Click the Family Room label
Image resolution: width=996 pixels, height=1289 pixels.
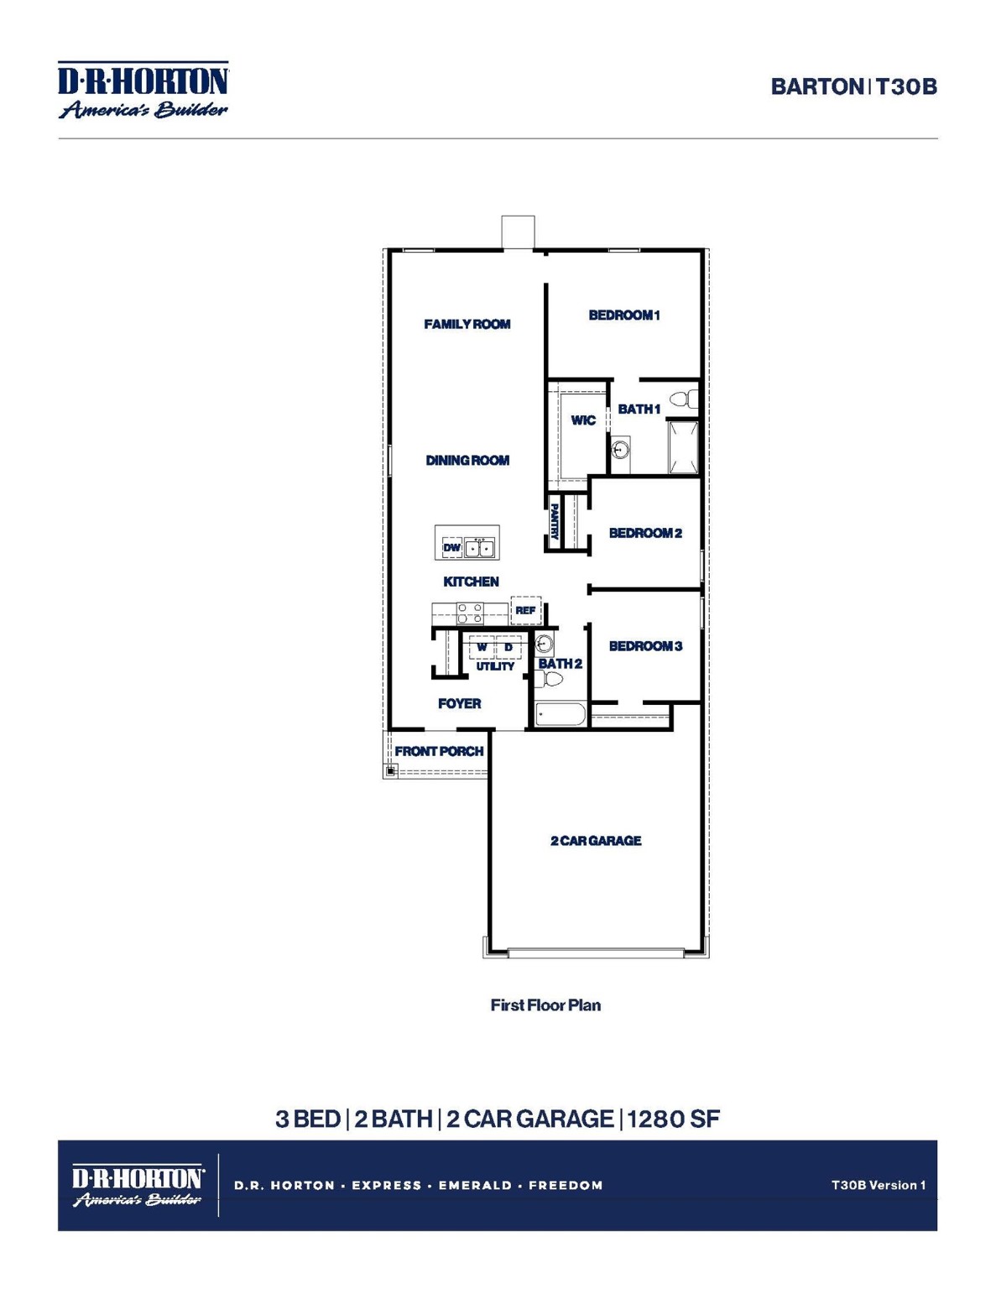[467, 324]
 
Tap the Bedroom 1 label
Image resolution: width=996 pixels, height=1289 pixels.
[623, 315]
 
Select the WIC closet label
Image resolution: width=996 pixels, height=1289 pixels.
[582, 420]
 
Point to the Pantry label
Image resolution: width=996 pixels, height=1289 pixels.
[555, 521]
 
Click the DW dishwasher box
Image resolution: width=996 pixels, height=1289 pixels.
[451, 547]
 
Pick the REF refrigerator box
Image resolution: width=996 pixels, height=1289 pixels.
[525, 610]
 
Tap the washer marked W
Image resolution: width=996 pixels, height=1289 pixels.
[482, 647]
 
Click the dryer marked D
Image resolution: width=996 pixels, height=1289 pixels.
[508, 647]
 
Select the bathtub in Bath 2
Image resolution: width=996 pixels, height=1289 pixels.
[561, 715]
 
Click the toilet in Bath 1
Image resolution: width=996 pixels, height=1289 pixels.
[685, 399]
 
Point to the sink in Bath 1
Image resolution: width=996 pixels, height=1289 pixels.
[620, 451]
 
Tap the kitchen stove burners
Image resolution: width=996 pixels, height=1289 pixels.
[469, 613]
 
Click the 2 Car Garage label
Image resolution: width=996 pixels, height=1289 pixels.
[596, 840]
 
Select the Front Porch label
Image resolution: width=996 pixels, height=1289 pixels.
[439, 751]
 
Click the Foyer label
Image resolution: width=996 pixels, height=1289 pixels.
[459, 703]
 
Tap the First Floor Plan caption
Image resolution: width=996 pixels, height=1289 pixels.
[545, 1005]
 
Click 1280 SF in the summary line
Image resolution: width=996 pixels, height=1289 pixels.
[673, 1119]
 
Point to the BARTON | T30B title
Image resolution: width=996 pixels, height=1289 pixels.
[853, 86]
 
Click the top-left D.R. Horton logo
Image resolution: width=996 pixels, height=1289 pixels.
[143, 90]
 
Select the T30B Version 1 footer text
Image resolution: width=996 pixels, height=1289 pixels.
[878, 1185]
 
